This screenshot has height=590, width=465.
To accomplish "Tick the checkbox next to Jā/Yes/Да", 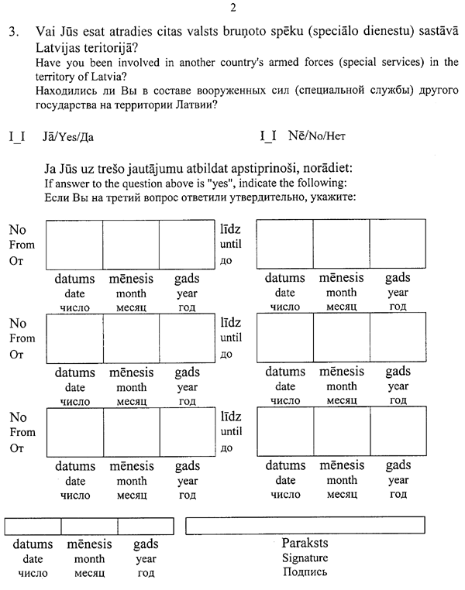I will pyautogui.click(x=17, y=138).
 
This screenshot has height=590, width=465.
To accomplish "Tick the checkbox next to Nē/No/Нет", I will pyautogui.click(x=269, y=138).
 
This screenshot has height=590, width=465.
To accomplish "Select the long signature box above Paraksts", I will pyautogui.click(x=305, y=525).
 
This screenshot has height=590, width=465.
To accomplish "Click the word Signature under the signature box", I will pyautogui.click(x=305, y=558).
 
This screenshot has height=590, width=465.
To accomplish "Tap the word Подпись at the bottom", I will pyautogui.click(x=305, y=573).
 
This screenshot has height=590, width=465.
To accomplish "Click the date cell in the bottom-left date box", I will pyautogui.click(x=33, y=526).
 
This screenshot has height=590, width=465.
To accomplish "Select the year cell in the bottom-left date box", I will pyautogui.click(x=146, y=526).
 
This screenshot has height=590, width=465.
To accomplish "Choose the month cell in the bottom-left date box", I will pyautogui.click(x=89, y=526).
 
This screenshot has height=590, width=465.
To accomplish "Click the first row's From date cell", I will pyautogui.click(x=75, y=245).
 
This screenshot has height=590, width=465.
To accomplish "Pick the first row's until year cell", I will pyautogui.click(x=397, y=245).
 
